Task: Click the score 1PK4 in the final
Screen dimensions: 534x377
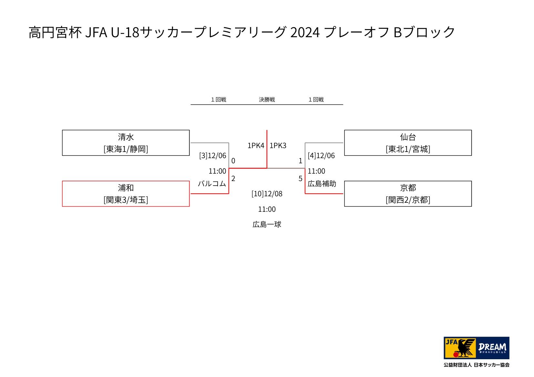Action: tap(256, 145)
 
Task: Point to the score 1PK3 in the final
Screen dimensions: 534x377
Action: tap(278, 145)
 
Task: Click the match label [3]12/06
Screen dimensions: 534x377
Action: tap(213, 156)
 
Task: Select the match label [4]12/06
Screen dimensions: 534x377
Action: tap(321, 156)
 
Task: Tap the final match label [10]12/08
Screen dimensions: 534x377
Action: tap(267, 194)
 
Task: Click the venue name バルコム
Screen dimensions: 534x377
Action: tap(212, 184)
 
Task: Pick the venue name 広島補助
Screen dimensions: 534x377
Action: tap(322, 184)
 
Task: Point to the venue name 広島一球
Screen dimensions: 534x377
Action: tap(267, 224)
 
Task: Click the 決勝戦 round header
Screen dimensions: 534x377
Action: tap(267, 100)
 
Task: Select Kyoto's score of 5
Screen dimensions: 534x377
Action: tap(300, 178)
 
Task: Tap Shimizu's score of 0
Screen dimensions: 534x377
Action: tap(233, 161)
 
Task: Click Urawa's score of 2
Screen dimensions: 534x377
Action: tap(233, 178)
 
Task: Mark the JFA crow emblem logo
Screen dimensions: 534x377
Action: tap(460, 348)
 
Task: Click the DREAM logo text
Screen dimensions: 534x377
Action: tap(493, 347)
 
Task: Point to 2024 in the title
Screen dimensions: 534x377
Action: tap(305, 32)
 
